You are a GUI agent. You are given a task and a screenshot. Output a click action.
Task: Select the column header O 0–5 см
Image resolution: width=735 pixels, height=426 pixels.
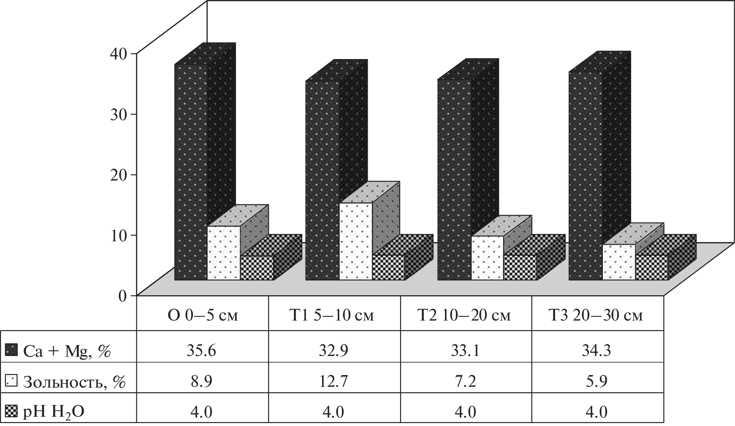point(202,315)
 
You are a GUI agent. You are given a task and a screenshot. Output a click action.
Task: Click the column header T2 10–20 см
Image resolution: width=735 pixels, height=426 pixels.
point(466,315)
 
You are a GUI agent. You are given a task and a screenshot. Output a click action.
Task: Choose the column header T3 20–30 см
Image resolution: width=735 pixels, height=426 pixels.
point(597,315)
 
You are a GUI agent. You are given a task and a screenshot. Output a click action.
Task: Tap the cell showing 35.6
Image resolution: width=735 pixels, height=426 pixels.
point(202,351)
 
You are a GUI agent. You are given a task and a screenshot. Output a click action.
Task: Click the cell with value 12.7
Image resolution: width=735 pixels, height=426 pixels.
point(334,382)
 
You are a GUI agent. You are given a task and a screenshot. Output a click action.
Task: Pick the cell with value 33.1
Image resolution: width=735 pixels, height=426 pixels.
point(466,351)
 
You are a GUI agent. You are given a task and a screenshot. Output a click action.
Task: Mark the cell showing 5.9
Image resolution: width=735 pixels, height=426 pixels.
point(597,382)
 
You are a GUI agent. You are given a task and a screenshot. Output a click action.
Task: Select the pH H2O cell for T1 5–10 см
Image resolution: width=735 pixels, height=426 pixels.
point(334,411)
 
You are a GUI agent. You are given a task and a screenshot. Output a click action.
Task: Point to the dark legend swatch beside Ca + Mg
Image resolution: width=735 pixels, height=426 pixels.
point(11,351)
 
